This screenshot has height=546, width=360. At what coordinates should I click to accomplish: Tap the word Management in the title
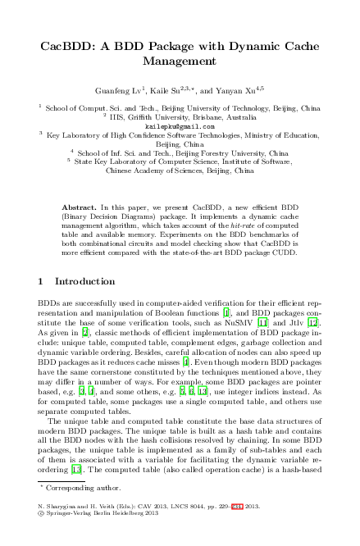(x=180, y=61)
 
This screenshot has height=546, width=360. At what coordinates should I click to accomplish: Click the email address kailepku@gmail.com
(x=180, y=126)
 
